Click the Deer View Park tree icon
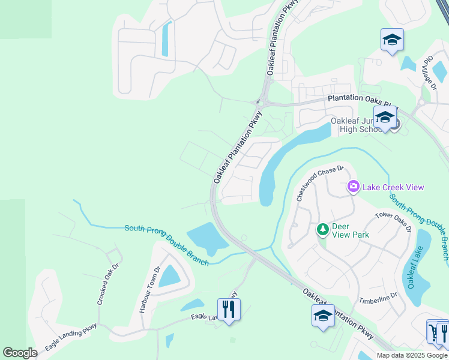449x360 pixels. [322, 229]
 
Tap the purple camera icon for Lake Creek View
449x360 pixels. [354, 187]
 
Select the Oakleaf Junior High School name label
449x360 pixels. [355, 125]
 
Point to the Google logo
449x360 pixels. [20, 353]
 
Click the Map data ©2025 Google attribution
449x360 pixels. [411, 355]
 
